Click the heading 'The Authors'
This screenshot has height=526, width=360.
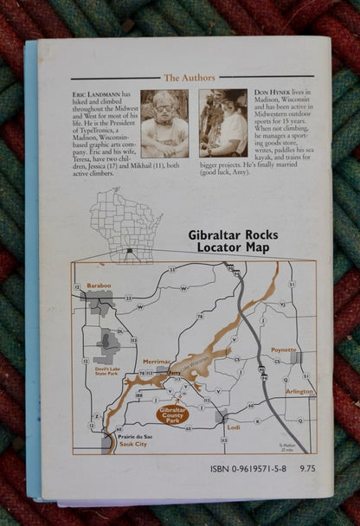pyautogui.click(x=189, y=78)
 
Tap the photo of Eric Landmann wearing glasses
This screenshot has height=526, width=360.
pyautogui.click(x=164, y=123)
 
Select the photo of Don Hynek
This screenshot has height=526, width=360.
pyautogui.click(x=223, y=122)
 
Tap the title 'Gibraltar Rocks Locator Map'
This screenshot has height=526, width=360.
pyautogui.click(x=229, y=241)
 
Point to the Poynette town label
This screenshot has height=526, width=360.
pyautogui.click(x=284, y=350)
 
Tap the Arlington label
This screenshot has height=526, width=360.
pyautogui.click(x=299, y=391)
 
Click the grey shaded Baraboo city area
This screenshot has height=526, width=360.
pyautogui.click(x=99, y=302)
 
